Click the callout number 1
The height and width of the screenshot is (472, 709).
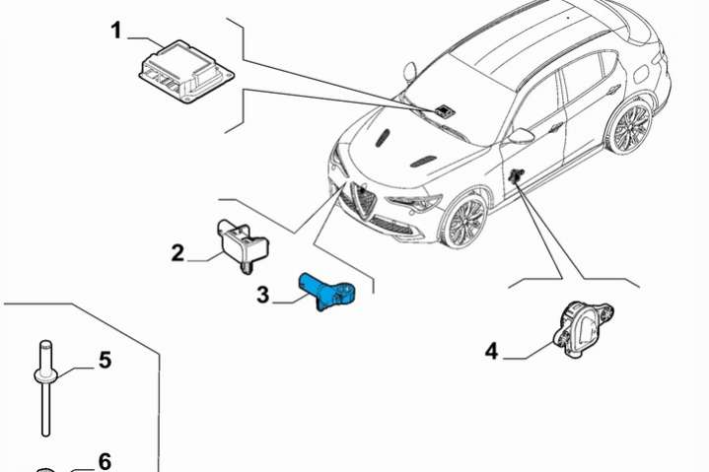tap(116, 32)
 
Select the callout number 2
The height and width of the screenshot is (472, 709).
tap(177, 253)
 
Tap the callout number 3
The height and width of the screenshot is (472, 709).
tap(262, 295)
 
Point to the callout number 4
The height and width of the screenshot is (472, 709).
tap(491, 352)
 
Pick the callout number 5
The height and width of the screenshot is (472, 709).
tap(105, 361)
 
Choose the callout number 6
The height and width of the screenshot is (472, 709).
tap(105, 461)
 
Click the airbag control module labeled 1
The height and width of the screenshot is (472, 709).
tap(185, 71)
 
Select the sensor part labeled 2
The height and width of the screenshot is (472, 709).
tap(243, 245)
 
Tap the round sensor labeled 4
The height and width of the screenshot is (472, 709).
tap(584, 330)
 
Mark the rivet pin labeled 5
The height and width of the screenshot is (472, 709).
tap(45, 388)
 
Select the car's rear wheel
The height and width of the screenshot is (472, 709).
tap(630, 126)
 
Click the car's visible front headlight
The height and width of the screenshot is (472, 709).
tap(414, 203)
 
